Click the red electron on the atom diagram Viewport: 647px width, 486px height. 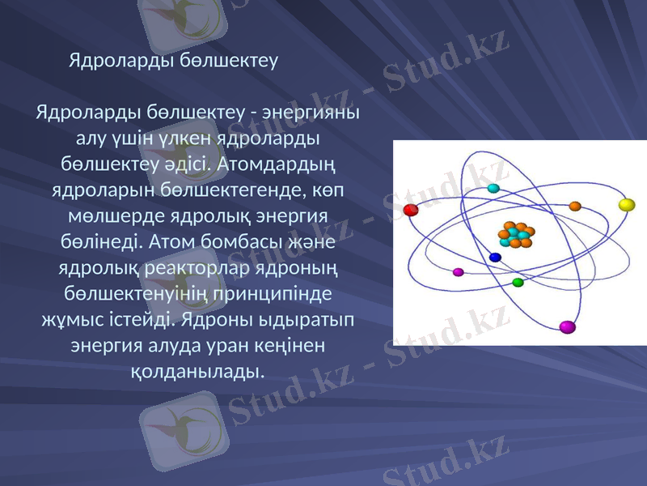click(410, 211)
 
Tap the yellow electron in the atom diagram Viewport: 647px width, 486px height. click(627, 205)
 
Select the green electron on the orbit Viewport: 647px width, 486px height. click(518, 283)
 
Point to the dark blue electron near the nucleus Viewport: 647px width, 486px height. click(496, 258)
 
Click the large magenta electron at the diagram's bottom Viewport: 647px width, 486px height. click(567, 327)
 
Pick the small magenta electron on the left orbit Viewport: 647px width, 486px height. click(458, 272)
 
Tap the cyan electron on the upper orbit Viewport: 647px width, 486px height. click(493, 188)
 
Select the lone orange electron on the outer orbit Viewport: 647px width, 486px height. click(575, 206)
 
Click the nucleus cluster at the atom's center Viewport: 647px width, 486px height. click(514, 234)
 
